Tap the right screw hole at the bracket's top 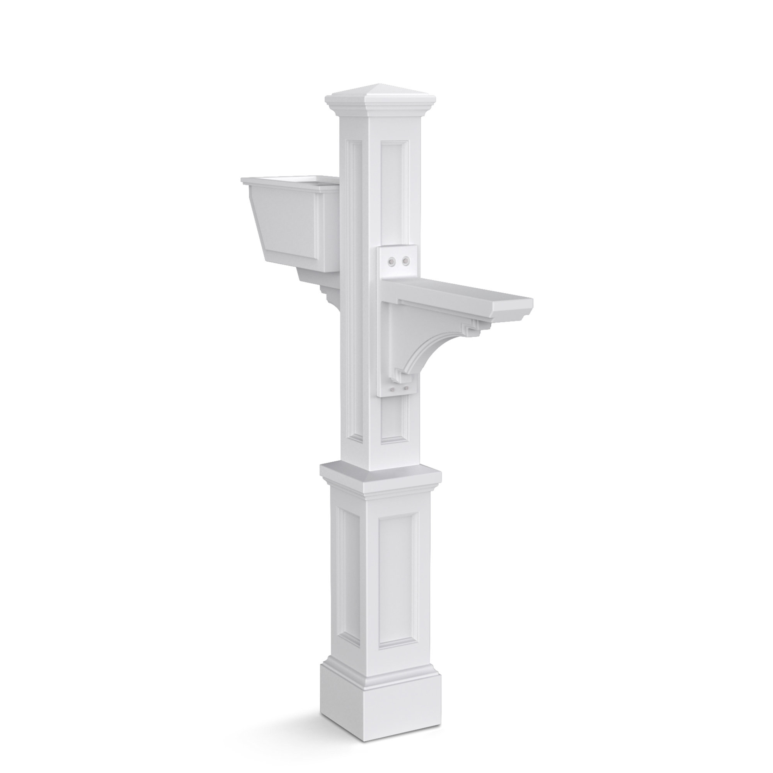point(406,261)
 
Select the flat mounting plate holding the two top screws point(398,264)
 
